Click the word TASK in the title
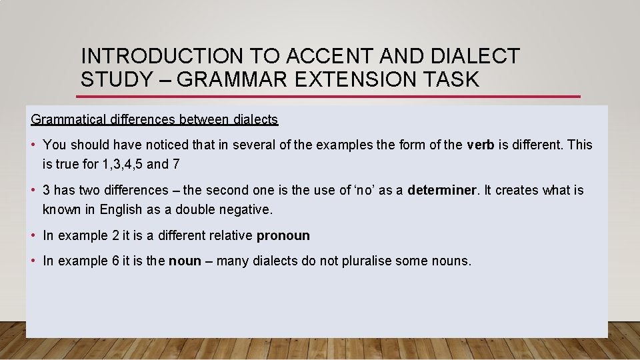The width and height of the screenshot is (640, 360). click(x=453, y=79)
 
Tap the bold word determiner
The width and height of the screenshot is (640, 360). click(x=442, y=190)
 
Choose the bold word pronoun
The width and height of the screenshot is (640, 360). click(x=283, y=235)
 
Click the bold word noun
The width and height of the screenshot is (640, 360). click(x=185, y=261)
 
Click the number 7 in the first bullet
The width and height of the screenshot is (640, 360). click(x=175, y=163)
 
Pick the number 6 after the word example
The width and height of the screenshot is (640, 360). click(x=115, y=261)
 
